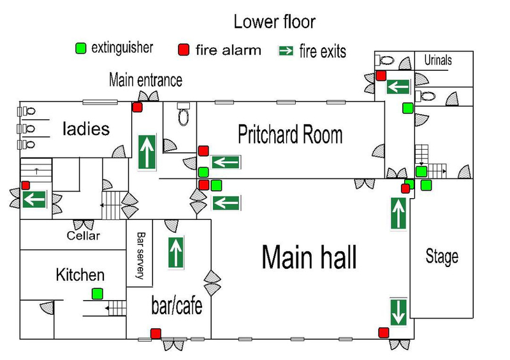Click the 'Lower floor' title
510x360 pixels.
[x=274, y=22]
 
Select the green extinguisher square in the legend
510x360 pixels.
[x=80, y=48]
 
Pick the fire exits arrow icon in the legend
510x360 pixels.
[x=288, y=50]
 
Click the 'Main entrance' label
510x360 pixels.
[x=145, y=80]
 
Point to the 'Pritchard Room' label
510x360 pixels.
[x=290, y=135]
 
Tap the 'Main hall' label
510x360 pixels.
[x=309, y=257]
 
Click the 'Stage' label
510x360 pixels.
[x=442, y=257]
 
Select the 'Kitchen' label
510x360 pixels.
[x=80, y=275]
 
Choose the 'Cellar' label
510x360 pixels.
[x=84, y=236]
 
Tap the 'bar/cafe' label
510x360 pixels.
[x=177, y=306]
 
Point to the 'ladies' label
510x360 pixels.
[x=86, y=129]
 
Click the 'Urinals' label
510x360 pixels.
[x=438, y=61]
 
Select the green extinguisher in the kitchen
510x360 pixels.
[x=97, y=294]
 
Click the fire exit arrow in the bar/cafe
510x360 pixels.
[x=176, y=252]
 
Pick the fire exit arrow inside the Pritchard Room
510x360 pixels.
[x=226, y=162]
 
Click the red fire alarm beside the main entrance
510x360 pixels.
[x=137, y=107]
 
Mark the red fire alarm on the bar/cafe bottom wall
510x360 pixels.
[x=156, y=333]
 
